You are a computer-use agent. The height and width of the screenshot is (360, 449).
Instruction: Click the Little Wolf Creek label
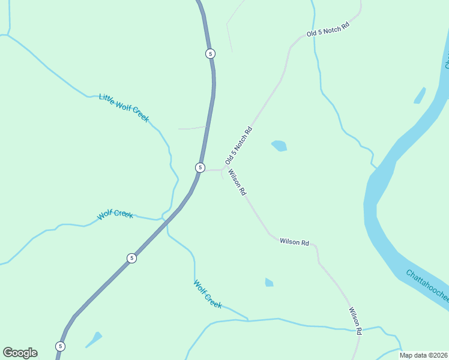pos(124,108)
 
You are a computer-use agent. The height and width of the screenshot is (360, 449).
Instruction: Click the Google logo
pos(20,353)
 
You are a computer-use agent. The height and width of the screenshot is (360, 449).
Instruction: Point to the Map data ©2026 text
pos(423,355)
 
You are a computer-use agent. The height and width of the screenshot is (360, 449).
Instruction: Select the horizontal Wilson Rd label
pos(294,242)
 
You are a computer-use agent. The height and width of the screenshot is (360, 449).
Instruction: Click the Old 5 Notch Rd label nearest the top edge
pos(328,30)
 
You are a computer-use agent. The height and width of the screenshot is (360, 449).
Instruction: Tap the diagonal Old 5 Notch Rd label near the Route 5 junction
pos(239,146)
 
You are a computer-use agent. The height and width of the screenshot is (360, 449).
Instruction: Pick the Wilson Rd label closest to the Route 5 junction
pos(237,183)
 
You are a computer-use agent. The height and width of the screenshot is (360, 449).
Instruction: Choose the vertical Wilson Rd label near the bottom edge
pos(355,321)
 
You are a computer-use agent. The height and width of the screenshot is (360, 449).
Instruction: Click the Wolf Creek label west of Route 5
pos(115,214)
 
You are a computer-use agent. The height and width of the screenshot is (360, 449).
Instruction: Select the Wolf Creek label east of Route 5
pos(208,294)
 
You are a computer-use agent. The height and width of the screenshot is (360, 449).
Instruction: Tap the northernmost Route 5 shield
pos(209,53)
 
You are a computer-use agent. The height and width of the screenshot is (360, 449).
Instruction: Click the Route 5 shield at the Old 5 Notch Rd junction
pos(200,167)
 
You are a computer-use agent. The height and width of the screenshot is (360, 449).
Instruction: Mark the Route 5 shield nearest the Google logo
pos(60,346)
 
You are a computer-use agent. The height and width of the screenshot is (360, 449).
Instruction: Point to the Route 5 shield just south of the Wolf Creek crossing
pos(132,258)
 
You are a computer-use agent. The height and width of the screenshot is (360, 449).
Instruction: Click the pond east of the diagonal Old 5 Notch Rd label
pos(279,146)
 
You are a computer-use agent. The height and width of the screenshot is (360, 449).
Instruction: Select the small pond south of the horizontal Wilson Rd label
pos(269,282)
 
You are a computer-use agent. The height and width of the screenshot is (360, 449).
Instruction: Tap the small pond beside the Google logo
pos(94,339)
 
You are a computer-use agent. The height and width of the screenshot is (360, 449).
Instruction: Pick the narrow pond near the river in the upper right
pos(420,95)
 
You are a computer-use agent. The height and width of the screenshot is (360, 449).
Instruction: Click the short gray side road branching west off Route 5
pos(192,128)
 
